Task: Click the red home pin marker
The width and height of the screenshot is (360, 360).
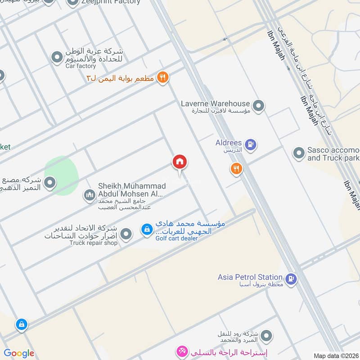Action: point(180,162)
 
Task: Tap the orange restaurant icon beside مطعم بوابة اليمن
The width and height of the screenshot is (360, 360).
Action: point(163,78)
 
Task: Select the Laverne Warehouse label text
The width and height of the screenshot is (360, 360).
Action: point(215,103)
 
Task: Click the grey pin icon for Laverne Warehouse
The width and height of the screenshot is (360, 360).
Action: point(258,106)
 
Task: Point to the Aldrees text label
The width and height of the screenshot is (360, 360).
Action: point(229,143)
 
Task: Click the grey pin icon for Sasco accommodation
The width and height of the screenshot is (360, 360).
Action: point(299,153)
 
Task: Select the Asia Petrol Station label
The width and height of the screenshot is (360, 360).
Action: point(250,277)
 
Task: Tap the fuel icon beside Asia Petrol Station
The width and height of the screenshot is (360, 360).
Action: point(291,279)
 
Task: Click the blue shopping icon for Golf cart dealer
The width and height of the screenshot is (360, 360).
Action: point(147,230)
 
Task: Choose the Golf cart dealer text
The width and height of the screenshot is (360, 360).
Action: point(176,238)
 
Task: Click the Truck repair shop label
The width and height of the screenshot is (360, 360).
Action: point(93,243)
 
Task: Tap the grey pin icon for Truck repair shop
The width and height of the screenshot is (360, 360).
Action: point(126,234)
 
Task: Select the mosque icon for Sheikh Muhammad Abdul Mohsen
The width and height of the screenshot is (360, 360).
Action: point(89,195)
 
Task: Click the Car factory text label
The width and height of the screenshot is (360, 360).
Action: point(81,66)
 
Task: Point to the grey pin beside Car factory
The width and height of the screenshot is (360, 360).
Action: point(57,58)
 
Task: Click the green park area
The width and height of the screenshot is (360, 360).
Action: point(62,175)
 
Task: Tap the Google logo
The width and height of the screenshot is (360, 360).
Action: point(19,353)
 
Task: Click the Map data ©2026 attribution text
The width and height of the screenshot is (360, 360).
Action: point(335,355)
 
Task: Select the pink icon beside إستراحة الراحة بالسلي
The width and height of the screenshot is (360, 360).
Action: point(182,351)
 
